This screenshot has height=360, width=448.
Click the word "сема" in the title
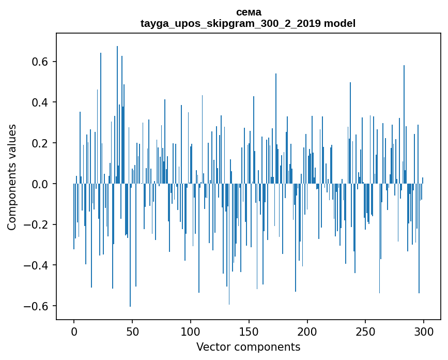point(248,12)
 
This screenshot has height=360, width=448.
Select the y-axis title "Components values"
point(12,177)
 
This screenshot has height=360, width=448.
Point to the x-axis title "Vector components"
point(248,347)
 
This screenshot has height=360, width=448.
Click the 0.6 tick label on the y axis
point(40,62)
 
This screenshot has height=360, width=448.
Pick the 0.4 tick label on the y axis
point(40,102)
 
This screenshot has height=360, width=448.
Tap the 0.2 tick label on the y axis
point(40,143)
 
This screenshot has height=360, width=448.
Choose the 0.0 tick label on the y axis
point(40,184)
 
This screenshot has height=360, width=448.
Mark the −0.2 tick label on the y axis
point(37,224)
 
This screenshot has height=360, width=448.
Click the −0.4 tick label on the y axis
point(37,265)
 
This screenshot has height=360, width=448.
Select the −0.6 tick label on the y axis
point(37,306)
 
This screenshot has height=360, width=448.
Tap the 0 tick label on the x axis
point(74,331)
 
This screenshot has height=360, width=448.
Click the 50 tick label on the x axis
point(132,331)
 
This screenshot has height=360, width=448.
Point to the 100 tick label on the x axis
point(191,331)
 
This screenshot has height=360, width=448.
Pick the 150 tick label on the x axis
point(249,331)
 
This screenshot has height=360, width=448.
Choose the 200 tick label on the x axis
point(307,331)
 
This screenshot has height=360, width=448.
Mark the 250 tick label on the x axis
point(366,331)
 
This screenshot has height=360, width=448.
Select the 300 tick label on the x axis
point(424,331)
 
